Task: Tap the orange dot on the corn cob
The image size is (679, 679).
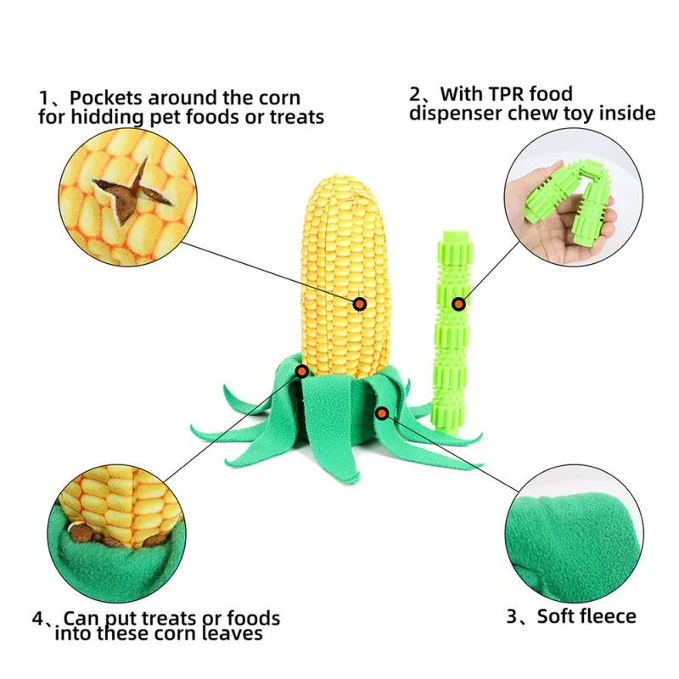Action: click(x=360, y=303)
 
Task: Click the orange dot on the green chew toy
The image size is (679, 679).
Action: click(x=459, y=303)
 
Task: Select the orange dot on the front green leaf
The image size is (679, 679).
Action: click(x=383, y=412)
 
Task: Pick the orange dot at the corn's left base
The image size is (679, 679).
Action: click(x=302, y=370)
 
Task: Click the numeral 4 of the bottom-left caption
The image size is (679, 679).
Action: click(x=37, y=618)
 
